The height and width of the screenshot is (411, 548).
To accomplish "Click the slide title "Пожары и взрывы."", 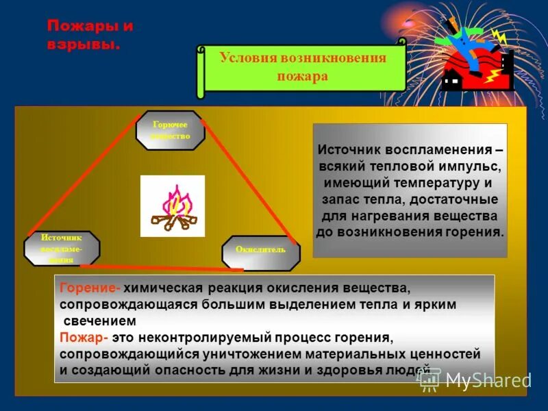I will coord(90,36).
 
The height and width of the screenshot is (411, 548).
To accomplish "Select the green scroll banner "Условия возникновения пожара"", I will coord(302,67).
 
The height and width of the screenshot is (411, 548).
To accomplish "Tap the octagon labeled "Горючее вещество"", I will coord(170,130).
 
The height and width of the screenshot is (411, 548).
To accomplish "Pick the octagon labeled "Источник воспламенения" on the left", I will coord(62,248).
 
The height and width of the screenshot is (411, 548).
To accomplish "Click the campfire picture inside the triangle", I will coord(173,206).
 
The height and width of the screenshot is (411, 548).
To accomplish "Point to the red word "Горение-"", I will coord(90,289).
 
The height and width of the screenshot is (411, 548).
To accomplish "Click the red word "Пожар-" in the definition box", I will coord(84,338).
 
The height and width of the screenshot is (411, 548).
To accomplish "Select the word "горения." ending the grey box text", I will coord(472,232).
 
